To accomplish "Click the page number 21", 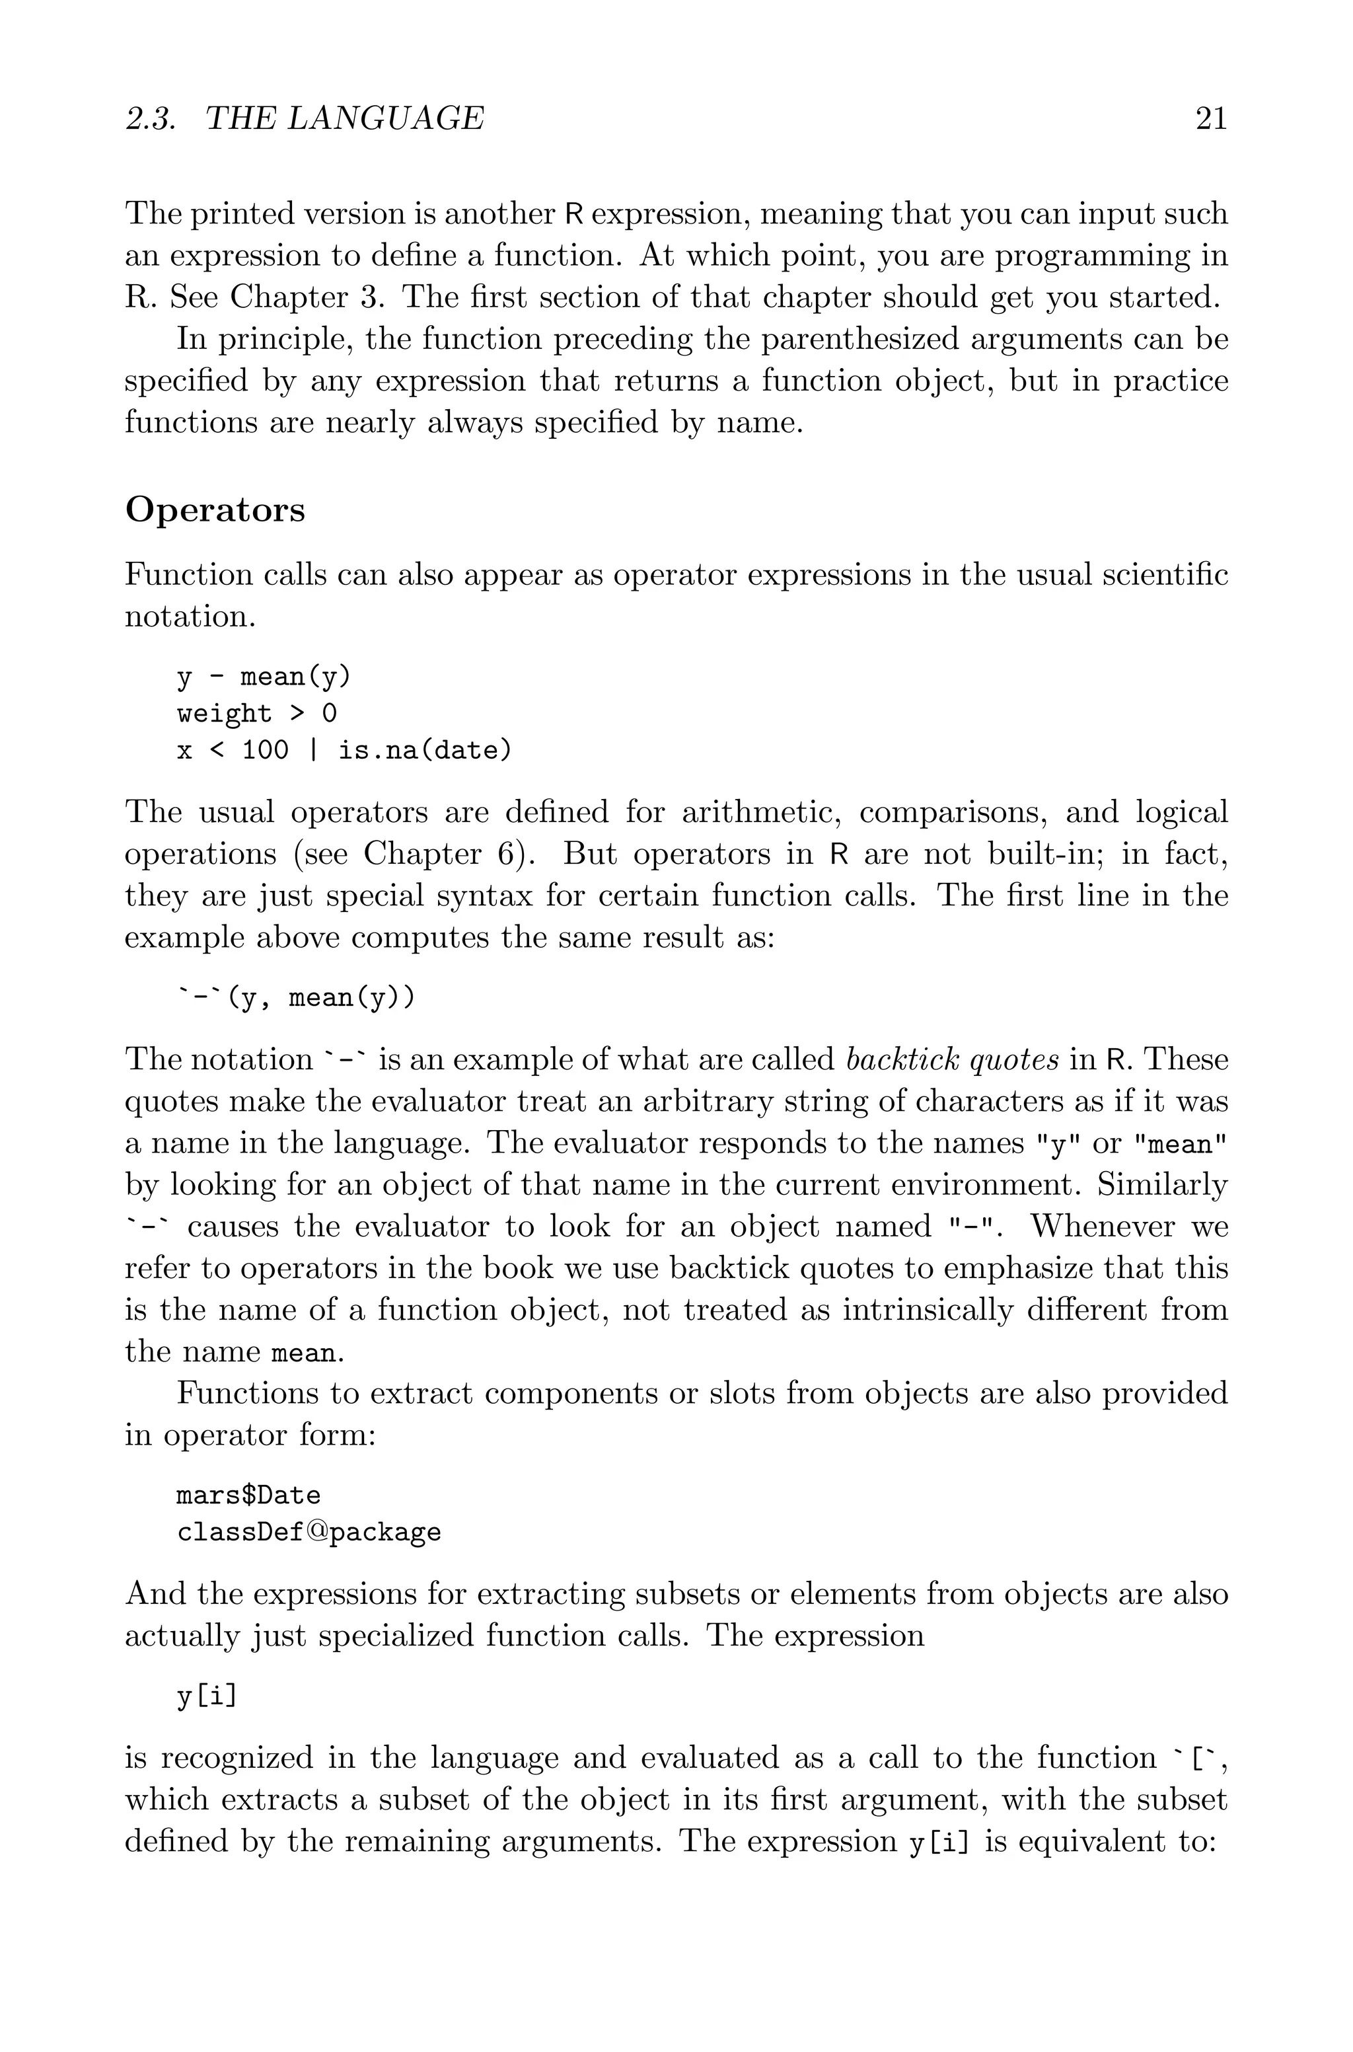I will (x=1210, y=118).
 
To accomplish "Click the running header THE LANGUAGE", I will (x=345, y=118).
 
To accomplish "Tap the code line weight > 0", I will (x=256, y=714).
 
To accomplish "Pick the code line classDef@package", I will (x=309, y=1533).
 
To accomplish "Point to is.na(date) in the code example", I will (x=425, y=751).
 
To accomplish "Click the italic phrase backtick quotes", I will (x=953, y=1059).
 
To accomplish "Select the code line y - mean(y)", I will (x=264, y=677).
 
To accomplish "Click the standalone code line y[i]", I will (x=206, y=1697).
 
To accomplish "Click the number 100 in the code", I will (x=265, y=751).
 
